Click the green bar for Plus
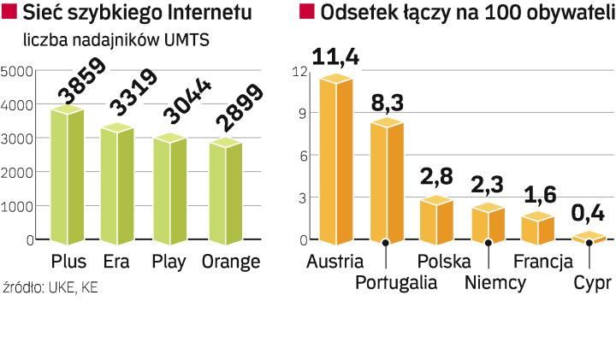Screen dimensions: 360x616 pyautogui.click(x=68, y=175)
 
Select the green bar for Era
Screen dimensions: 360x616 pyautogui.click(x=117, y=184)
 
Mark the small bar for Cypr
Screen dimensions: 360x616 pyautogui.click(x=589, y=237)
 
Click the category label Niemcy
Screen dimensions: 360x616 pyautogui.click(x=495, y=283)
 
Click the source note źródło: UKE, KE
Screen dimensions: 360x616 pyautogui.click(x=51, y=288)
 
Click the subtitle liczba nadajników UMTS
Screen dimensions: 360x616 pyautogui.click(x=116, y=40)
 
